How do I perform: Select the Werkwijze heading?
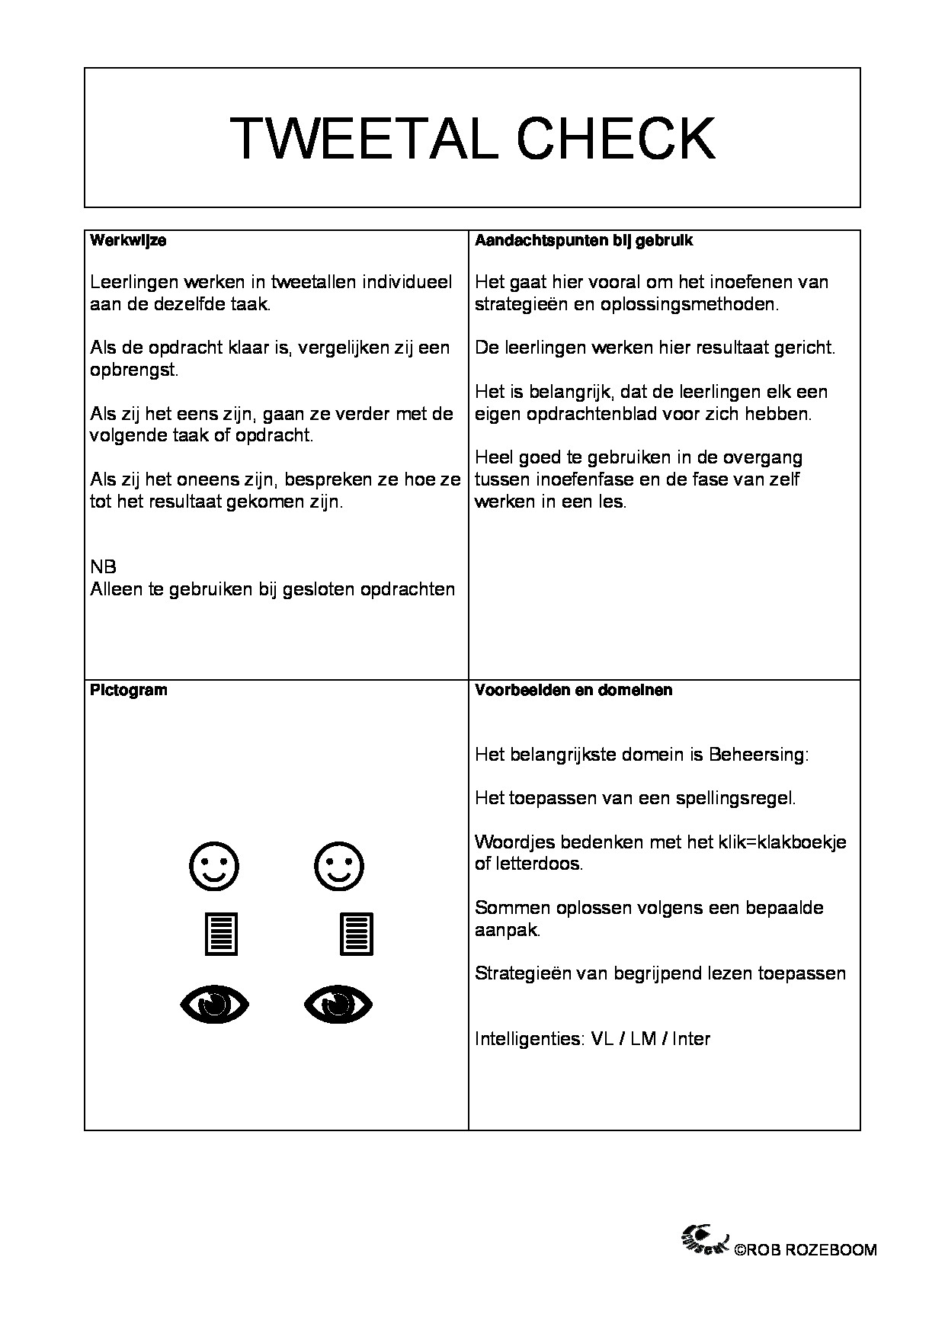pos(128,241)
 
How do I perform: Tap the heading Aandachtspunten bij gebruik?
pos(584,241)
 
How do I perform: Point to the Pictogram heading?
pos(129,691)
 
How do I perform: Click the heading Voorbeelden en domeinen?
pos(574,691)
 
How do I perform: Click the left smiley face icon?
pos(213,866)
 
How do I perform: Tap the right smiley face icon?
pos(339,866)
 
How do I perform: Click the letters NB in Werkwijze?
pos(103,568)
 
